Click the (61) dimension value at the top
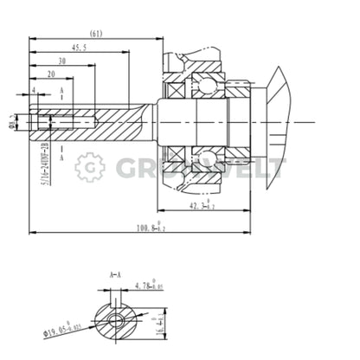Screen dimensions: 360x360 click(x=97, y=33)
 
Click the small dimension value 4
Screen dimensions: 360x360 click(x=33, y=89)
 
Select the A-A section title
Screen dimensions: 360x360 click(x=115, y=275)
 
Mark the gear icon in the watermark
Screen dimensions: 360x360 click(x=88, y=167)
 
